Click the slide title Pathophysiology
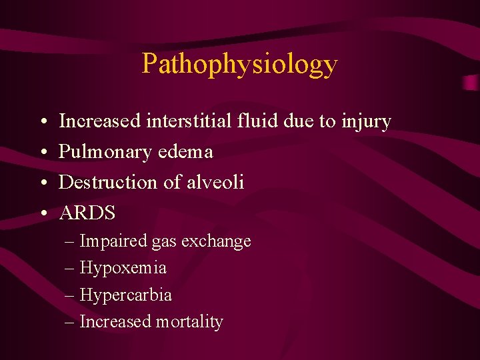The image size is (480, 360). (240, 64)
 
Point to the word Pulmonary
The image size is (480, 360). (105, 153)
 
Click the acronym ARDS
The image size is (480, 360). (87, 213)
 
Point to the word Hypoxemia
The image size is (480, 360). (123, 269)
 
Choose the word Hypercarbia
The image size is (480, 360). (125, 295)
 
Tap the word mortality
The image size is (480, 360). (189, 322)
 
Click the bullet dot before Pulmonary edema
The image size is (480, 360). (41, 153)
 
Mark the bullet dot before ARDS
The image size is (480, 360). (41, 214)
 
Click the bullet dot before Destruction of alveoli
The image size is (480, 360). (41, 183)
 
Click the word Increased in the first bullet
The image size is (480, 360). (100, 121)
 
